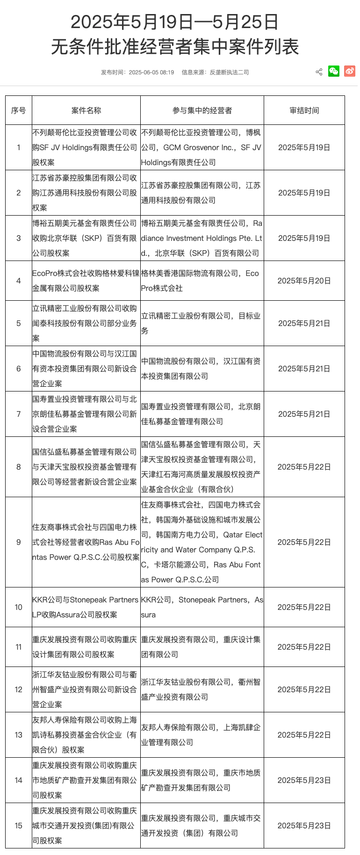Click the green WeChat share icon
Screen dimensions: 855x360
(x=334, y=71)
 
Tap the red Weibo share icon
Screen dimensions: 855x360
(x=350, y=71)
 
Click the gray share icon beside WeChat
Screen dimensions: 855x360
(x=319, y=72)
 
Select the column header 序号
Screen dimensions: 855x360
(x=19, y=110)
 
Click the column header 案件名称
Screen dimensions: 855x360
(x=86, y=110)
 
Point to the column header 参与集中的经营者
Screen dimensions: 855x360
(x=202, y=110)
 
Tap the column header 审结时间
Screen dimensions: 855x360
(x=304, y=110)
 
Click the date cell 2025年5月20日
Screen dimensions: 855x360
(x=304, y=281)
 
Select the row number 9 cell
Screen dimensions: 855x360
(x=19, y=542)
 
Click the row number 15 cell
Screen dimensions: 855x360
(x=19, y=826)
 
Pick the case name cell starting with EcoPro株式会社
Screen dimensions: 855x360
(x=86, y=281)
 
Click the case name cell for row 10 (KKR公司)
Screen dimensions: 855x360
(x=86, y=607)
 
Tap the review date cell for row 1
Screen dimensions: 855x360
(x=304, y=147)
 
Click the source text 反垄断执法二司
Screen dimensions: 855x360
(x=229, y=72)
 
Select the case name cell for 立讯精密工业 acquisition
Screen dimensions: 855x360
(x=86, y=323)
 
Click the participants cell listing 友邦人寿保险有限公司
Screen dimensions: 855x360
(x=202, y=735)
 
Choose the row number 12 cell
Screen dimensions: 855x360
(x=19, y=689)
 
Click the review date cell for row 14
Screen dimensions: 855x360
(x=304, y=780)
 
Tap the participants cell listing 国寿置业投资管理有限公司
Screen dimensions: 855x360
(x=202, y=414)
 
